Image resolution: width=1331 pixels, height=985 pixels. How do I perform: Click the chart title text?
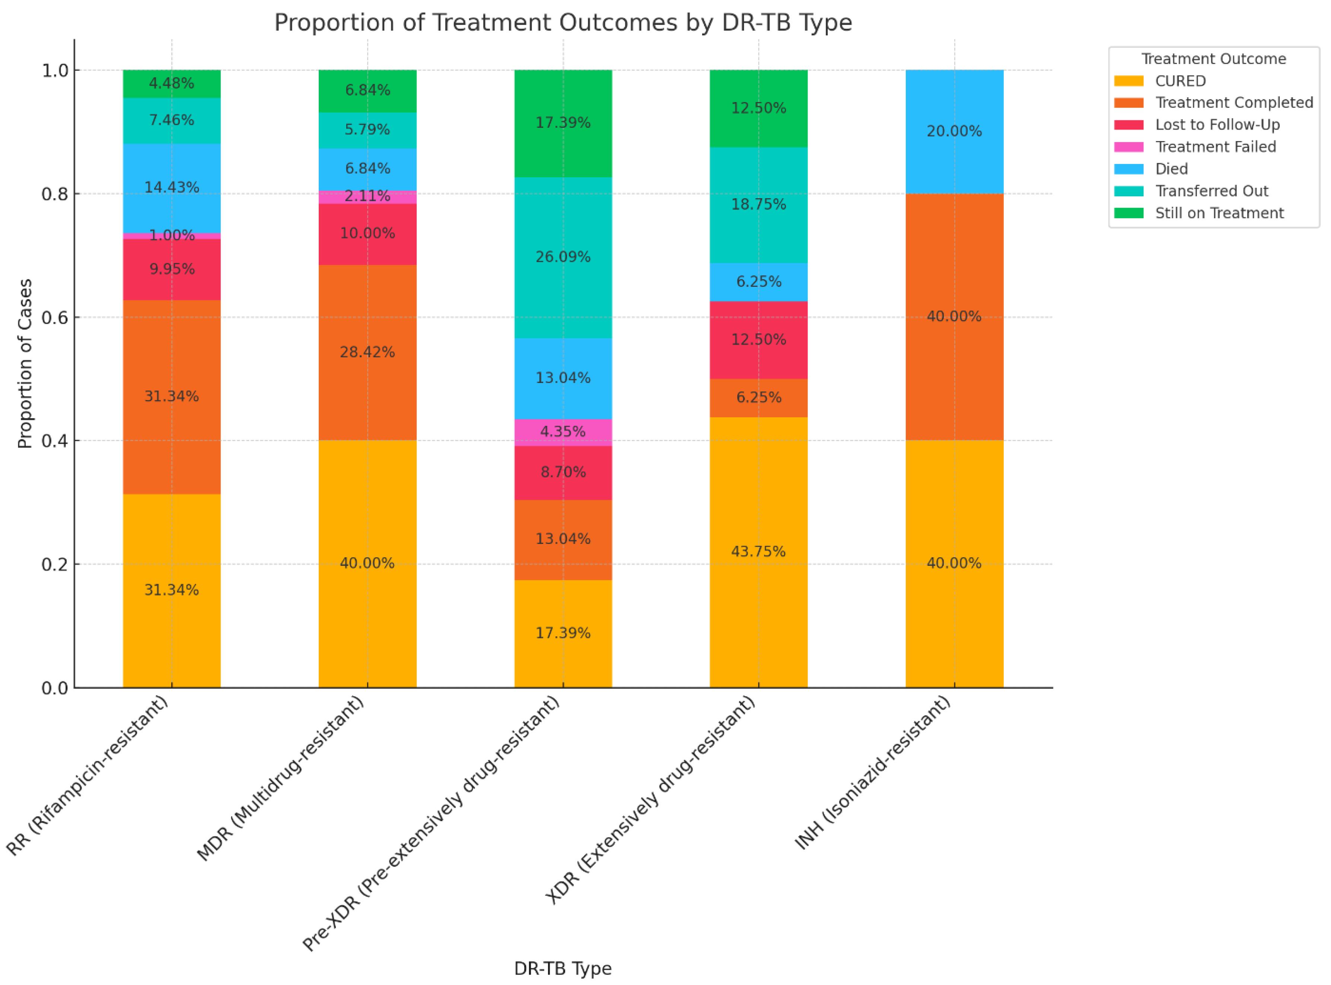coord(563,23)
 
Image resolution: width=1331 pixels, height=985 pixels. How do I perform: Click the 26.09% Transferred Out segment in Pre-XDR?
coord(563,257)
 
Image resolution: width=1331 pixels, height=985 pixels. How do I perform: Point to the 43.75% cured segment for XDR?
coord(758,551)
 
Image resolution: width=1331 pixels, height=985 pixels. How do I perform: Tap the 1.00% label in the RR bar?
coord(172,235)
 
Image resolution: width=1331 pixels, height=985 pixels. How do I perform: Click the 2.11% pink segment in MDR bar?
coord(367,197)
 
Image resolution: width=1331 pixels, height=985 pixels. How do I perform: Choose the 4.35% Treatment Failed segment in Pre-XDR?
coord(563,432)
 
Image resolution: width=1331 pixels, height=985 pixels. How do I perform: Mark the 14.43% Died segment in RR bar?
coord(172,188)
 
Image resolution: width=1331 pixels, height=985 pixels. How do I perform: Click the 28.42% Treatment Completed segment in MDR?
coord(367,352)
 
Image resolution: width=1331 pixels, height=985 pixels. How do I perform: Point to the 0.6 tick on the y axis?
coord(54,317)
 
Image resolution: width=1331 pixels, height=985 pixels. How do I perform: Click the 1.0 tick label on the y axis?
coord(54,70)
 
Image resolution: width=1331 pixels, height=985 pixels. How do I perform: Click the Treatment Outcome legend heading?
coord(1213,59)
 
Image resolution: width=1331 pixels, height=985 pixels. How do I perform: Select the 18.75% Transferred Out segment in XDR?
coord(758,205)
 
